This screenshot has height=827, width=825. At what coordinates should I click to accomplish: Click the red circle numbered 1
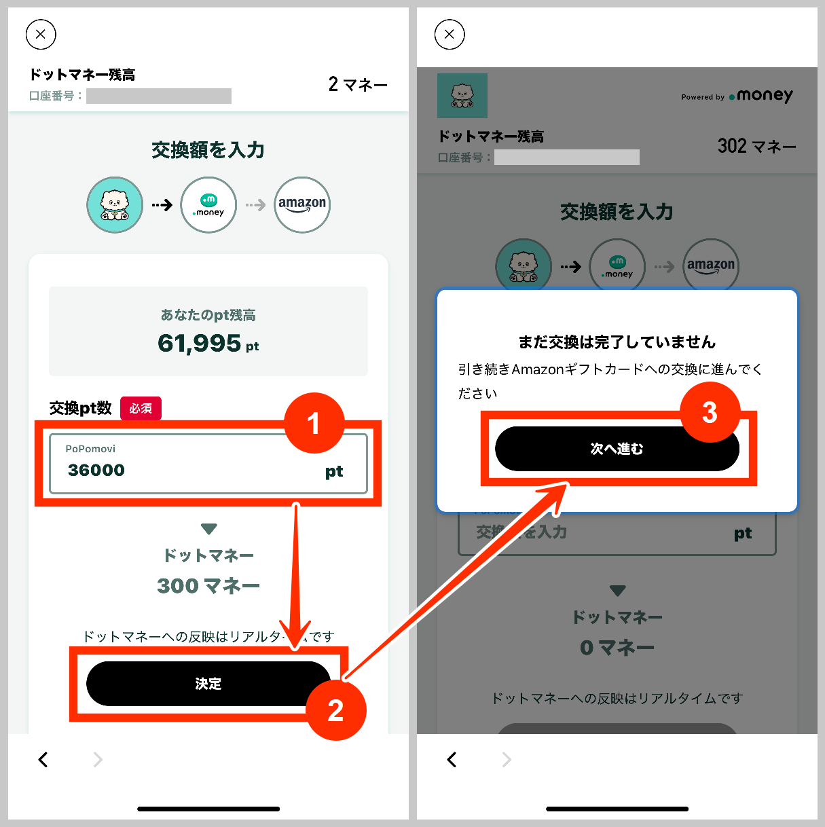tap(314, 424)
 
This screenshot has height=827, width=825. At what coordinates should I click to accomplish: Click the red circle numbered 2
tap(335, 710)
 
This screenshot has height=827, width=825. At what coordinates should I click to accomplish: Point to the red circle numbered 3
tap(710, 412)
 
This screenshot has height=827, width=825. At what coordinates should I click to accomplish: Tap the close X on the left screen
tap(41, 35)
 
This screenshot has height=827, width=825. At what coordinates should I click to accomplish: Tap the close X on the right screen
tap(450, 35)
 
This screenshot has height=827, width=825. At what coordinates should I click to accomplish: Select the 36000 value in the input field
tap(96, 470)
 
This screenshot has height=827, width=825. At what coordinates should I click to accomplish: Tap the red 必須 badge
tap(141, 408)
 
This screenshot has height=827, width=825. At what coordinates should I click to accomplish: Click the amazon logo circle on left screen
tap(302, 204)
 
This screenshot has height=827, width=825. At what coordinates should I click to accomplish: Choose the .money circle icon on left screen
tap(208, 204)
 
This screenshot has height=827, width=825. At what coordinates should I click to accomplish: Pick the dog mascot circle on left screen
tap(115, 204)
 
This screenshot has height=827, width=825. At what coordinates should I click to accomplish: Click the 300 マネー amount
tap(208, 585)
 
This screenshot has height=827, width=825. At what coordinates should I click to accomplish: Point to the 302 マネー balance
tap(756, 146)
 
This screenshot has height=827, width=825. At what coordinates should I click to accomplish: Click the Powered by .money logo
tap(737, 96)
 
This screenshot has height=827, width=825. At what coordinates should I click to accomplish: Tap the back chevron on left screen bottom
tap(43, 759)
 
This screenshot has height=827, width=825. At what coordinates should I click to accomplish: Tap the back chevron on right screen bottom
tap(452, 759)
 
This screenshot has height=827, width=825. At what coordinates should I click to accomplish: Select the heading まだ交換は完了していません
tap(617, 342)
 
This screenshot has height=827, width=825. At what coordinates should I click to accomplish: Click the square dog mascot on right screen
tap(462, 96)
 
